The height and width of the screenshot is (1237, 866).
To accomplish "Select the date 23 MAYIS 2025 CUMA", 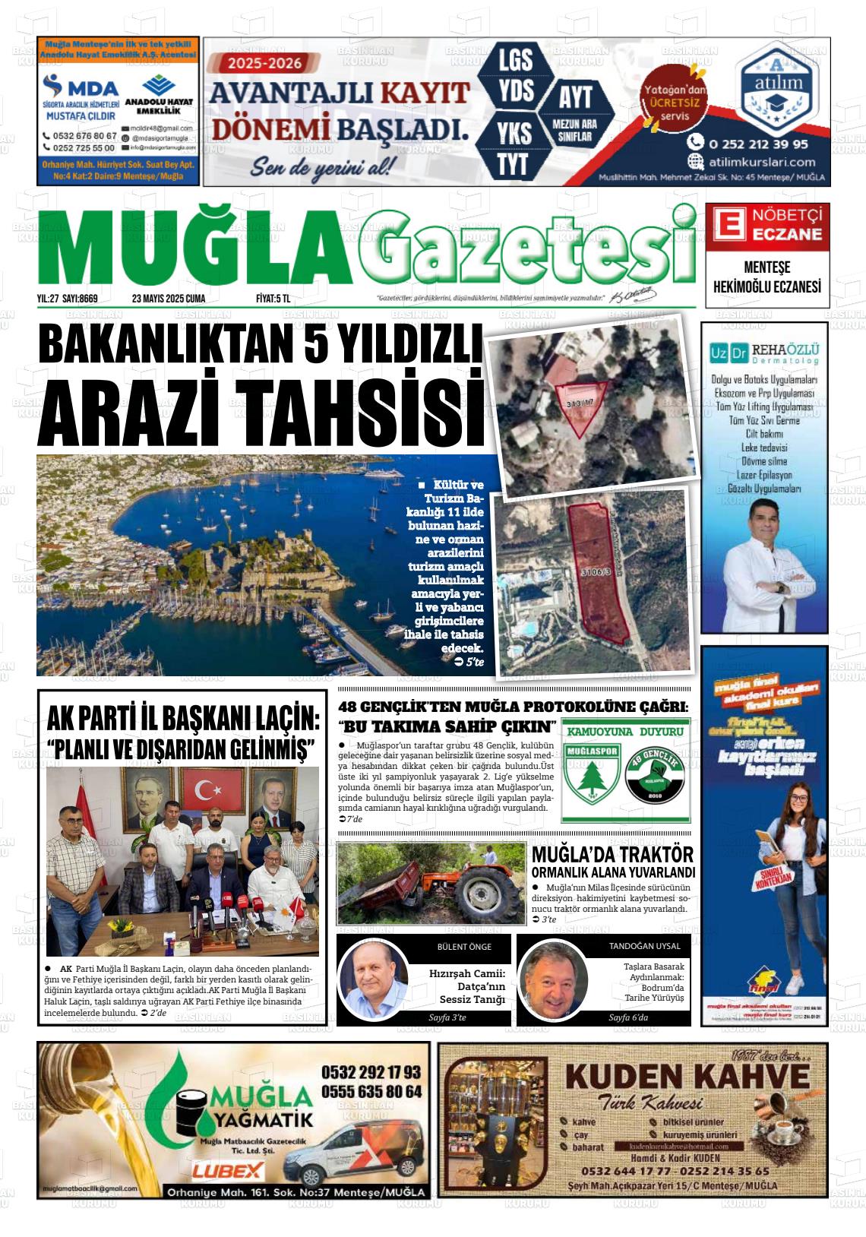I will point(169,299).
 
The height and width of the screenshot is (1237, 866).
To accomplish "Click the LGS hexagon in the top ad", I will point(515,59).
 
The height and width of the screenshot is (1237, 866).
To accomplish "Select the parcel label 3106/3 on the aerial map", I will point(596,571).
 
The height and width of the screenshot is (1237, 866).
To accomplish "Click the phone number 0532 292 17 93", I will point(371,1072).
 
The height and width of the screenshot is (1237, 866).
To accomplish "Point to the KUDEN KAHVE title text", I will point(687,1076).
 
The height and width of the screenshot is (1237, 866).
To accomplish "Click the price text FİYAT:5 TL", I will point(273,299).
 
